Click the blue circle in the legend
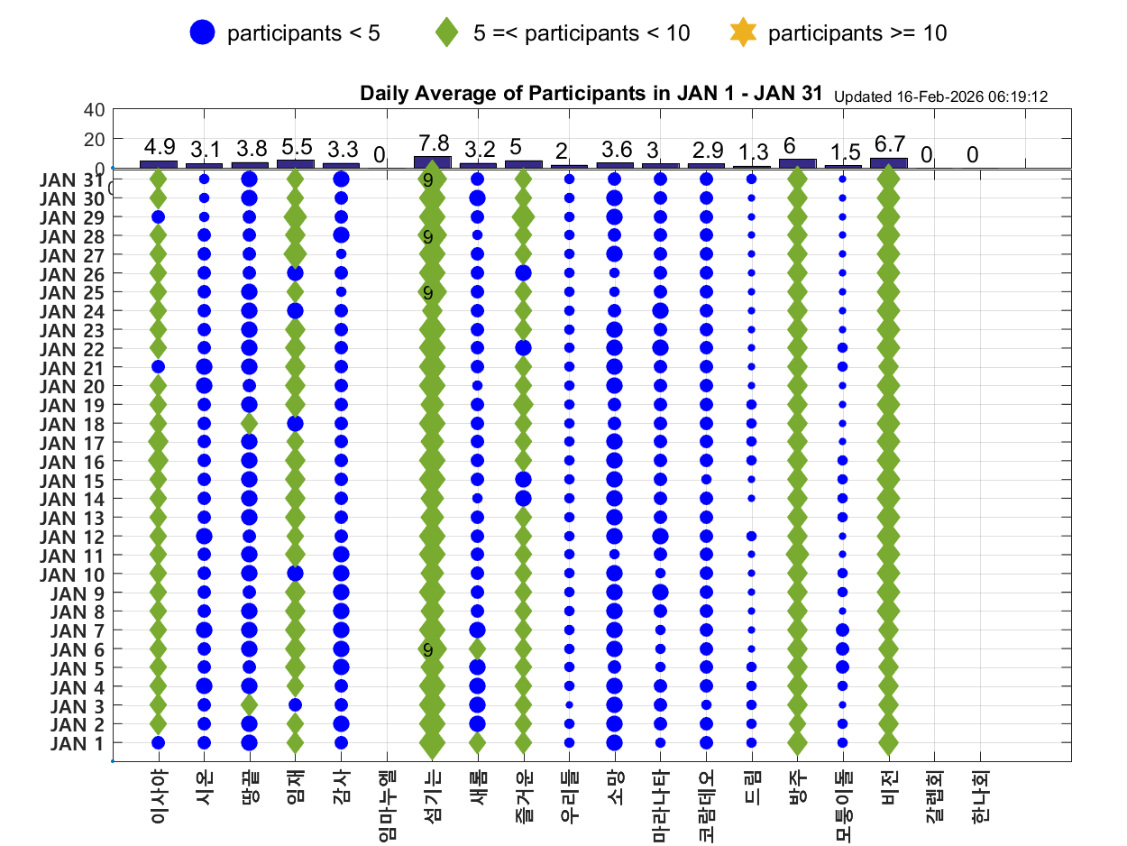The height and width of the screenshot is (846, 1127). point(203,33)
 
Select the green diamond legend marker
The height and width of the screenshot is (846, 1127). point(446,33)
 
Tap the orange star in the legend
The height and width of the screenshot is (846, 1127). point(742,33)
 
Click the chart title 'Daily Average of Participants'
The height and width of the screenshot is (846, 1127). point(591,93)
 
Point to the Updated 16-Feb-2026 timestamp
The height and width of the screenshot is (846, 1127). point(940,97)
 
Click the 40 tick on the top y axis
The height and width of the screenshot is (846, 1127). point(95,110)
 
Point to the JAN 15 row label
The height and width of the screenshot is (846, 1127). point(78,480)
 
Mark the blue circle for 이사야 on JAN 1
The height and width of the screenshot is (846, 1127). point(159,743)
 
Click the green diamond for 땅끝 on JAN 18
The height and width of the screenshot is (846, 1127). point(250,423)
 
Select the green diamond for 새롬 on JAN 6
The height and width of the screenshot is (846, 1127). point(477,648)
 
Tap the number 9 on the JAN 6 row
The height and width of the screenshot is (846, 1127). point(428,649)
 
